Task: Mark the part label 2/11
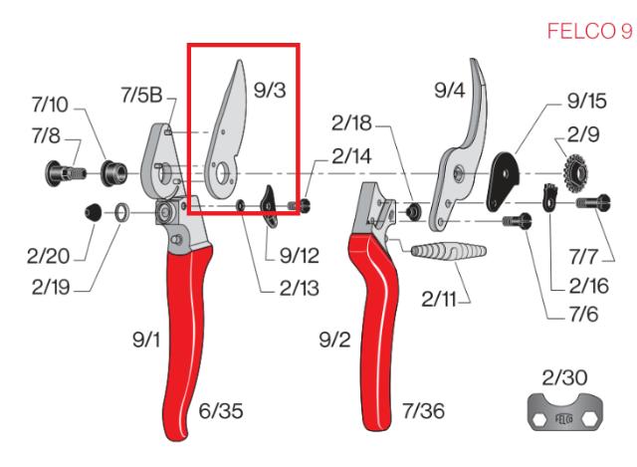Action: pyautogui.click(x=439, y=297)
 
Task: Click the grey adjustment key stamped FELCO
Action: pyautogui.click(x=564, y=411)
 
